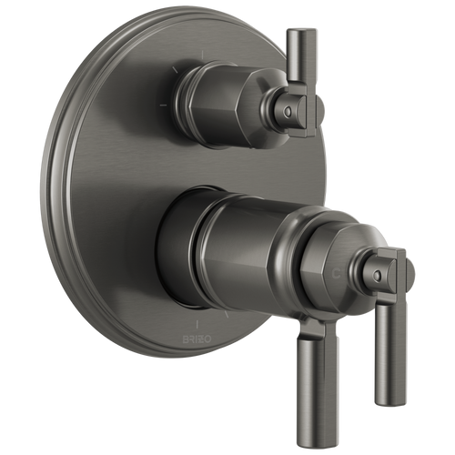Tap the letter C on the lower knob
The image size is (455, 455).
[338, 271]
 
